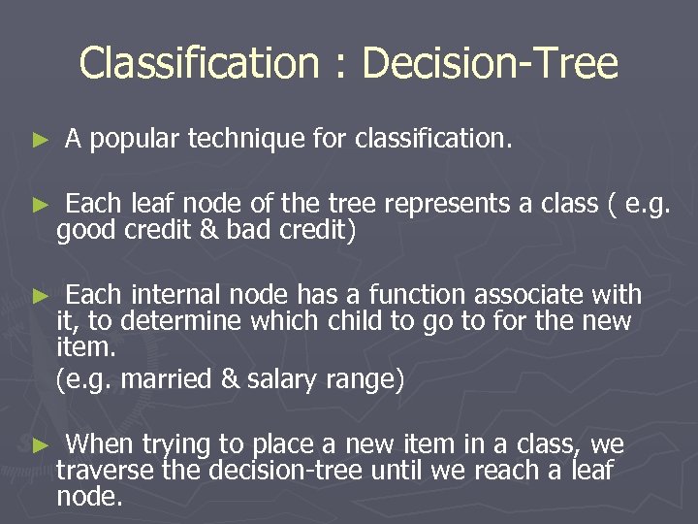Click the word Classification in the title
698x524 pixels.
pyautogui.click(x=198, y=64)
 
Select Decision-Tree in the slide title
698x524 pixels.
pyautogui.click(x=490, y=64)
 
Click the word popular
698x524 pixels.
pyautogui.click(x=135, y=141)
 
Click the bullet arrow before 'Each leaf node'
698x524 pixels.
pyautogui.click(x=40, y=206)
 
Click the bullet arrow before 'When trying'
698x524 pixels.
pyautogui.click(x=40, y=445)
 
